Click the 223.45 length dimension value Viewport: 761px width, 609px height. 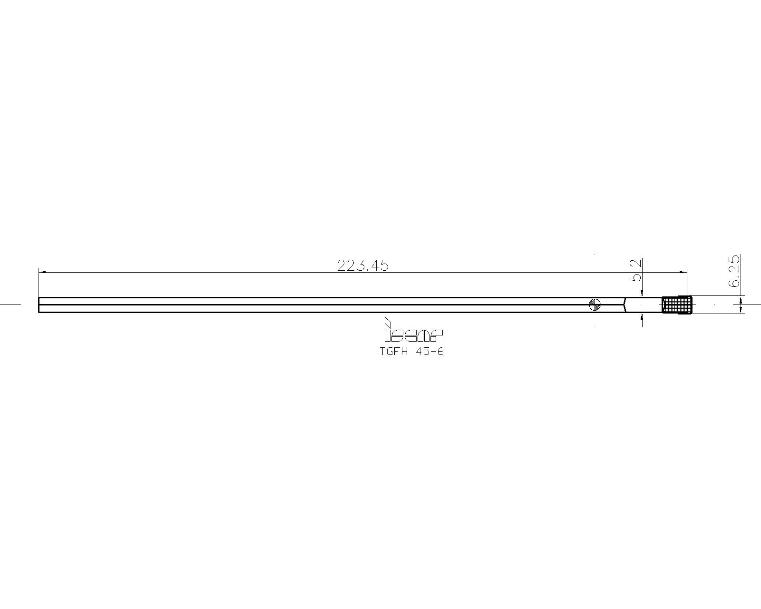362,265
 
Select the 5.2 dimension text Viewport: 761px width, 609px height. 636,270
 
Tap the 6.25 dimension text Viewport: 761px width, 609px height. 734,271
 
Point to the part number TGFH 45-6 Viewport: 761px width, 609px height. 411,352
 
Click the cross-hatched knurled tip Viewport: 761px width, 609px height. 677,304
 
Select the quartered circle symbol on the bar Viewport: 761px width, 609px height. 595,304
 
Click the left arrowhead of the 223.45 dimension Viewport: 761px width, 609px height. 42,273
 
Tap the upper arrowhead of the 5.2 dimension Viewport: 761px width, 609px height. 642,294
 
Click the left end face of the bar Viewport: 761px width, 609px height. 39,304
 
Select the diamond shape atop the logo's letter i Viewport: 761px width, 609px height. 388,322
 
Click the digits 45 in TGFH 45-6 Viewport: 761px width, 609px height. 422,352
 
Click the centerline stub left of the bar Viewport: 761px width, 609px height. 10,304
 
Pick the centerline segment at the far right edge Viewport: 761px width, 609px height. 754,304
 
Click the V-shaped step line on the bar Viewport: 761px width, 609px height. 624,304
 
